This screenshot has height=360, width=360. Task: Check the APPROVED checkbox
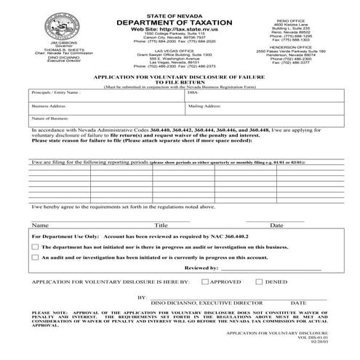[205, 280]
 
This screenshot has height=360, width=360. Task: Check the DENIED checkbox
[250, 280]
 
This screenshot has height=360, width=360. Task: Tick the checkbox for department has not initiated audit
[36, 247]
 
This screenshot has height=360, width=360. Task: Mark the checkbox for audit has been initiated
[36, 257]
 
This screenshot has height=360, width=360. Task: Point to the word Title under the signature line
[161, 225]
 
